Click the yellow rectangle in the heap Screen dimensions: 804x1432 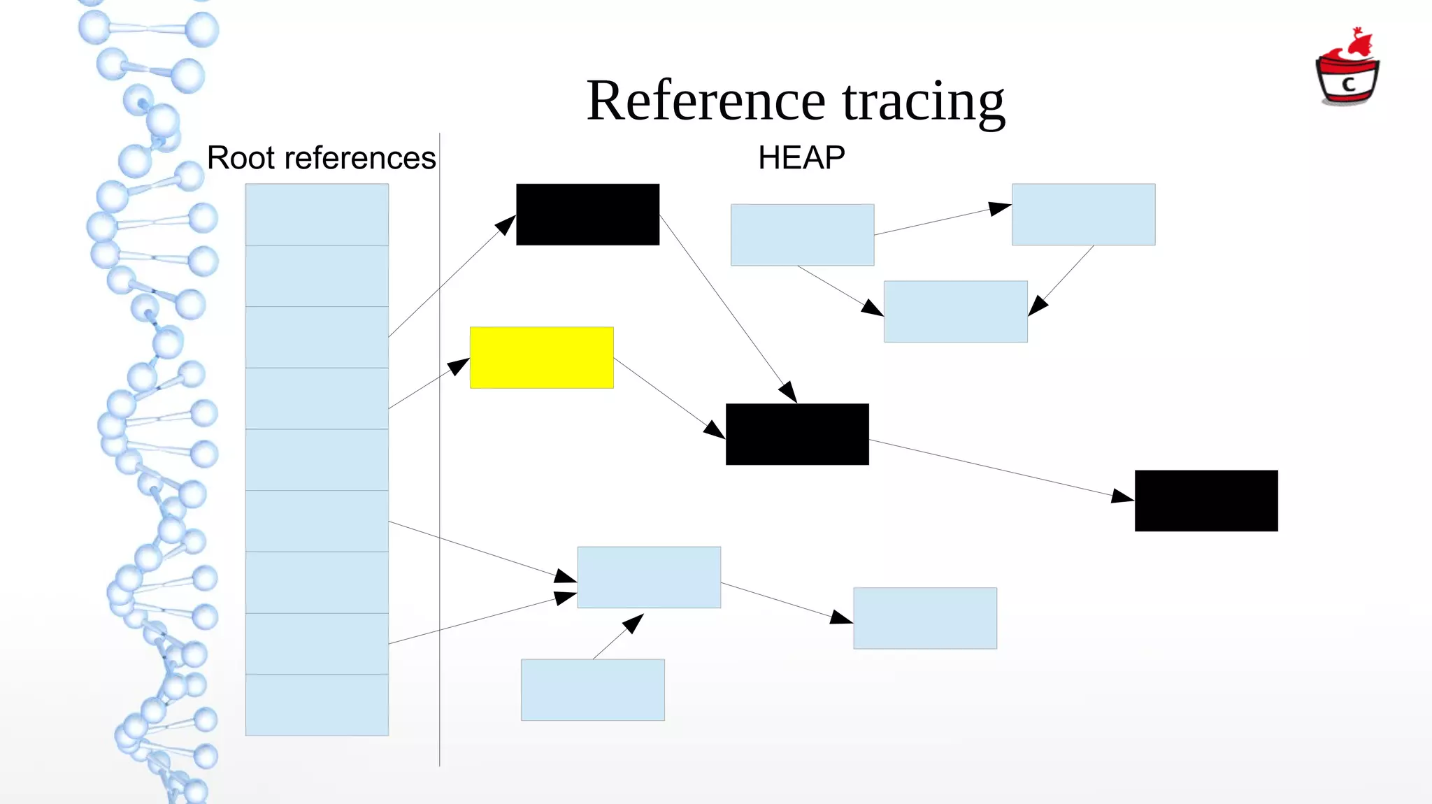[x=541, y=357]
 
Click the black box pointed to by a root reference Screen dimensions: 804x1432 [x=587, y=214]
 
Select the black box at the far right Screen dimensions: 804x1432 [x=1205, y=501]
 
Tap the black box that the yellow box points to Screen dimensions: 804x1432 [x=797, y=434]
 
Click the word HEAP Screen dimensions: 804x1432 [x=801, y=158]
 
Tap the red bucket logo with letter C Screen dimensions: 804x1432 [x=1347, y=70]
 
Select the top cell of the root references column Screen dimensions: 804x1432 [x=317, y=214]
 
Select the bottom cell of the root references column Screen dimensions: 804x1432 [x=317, y=705]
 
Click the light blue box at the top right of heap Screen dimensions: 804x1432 [x=1083, y=214]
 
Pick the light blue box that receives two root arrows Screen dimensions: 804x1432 [x=649, y=577]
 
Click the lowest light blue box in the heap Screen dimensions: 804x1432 [x=592, y=689]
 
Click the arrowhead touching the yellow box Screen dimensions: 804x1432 [x=459, y=366]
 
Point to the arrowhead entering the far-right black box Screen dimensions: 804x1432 [x=1122, y=496]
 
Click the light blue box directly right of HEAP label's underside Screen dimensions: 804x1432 [x=802, y=235]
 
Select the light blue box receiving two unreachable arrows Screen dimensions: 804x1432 [x=955, y=312]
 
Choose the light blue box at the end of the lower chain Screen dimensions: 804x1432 [x=924, y=618]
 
